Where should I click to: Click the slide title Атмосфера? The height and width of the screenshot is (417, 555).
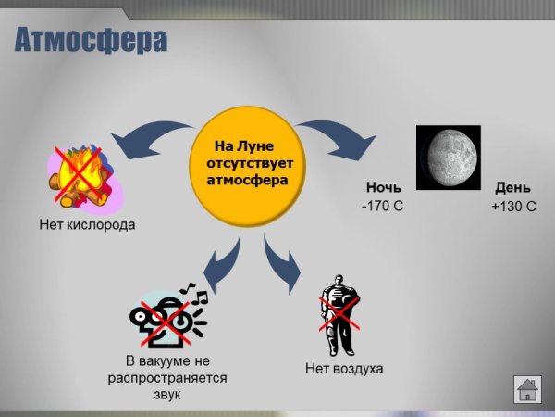point(92,42)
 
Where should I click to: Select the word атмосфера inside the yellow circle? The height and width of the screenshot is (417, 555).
point(248,180)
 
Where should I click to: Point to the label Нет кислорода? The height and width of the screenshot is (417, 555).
point(88,224)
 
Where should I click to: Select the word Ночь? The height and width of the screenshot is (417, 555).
point(384,186)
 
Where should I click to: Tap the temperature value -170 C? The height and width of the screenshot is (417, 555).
point(382,206)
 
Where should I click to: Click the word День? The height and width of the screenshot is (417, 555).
point(513,186)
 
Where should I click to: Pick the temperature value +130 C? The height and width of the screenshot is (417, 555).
point(513,206)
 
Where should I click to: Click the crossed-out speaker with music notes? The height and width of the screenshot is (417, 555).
point(169,315)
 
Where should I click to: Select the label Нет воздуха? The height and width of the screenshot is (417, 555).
point(344,369)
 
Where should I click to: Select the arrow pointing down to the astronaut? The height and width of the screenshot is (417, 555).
point(282,262)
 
